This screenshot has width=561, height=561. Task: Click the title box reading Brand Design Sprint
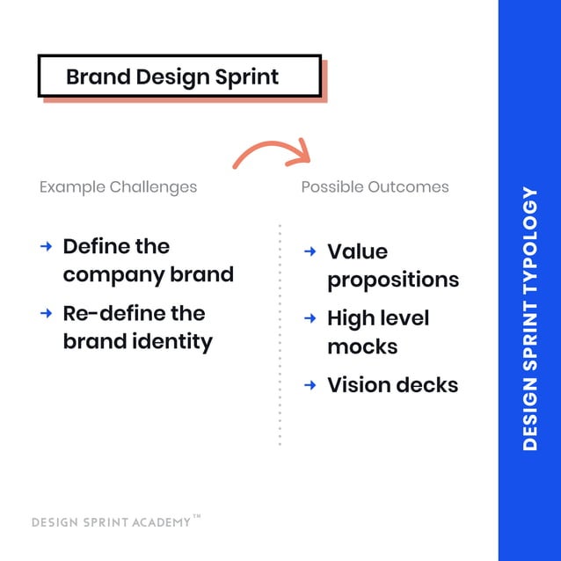(179, 76)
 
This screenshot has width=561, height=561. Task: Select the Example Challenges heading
(118, 187)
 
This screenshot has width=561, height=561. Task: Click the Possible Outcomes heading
(375, 187)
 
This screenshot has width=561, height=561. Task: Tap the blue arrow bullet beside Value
(310, 251)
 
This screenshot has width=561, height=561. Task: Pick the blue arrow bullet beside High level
(310, 317)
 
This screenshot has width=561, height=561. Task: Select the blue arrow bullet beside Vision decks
(310, 384)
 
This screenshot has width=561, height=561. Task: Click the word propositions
(393, 280)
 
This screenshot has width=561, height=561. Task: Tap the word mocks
(362, 346)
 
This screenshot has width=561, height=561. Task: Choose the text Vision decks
(392, 384)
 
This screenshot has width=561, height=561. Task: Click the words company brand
(148, 274)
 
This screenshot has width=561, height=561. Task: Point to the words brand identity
(137, 341)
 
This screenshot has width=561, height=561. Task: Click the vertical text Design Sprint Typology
(529, 318)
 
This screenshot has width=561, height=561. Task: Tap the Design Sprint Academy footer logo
(111, 522)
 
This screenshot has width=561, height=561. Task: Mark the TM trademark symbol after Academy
(197, 518)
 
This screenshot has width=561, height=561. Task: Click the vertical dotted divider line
(280, 334)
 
